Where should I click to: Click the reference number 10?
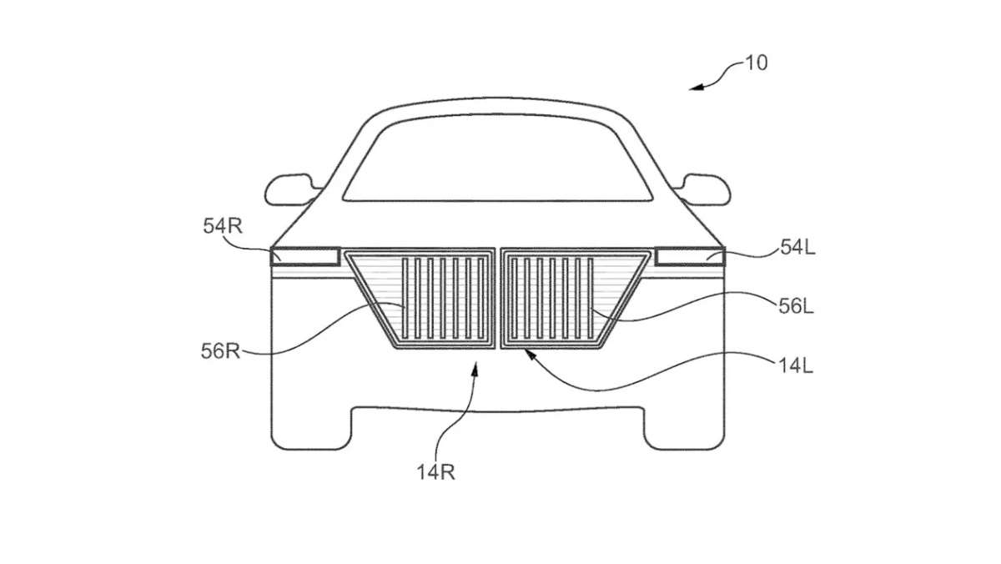click(757, 63)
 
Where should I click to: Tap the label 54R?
click(223, 226)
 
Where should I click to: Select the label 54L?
click(797, 247)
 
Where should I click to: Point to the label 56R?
click(220, 351)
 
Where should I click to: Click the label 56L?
click(796, 306)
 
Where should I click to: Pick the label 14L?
click(796, 366)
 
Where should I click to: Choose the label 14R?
click(435, 472)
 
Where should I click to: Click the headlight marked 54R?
click(305, 257)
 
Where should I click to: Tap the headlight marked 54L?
click(690, 257)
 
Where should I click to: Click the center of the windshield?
click(497, 159)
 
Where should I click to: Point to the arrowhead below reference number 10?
click(697, 87)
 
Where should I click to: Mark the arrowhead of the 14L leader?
click(530, 355)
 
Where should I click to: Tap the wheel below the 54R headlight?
click(311, 428)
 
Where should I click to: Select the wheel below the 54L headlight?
click(684, 428)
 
